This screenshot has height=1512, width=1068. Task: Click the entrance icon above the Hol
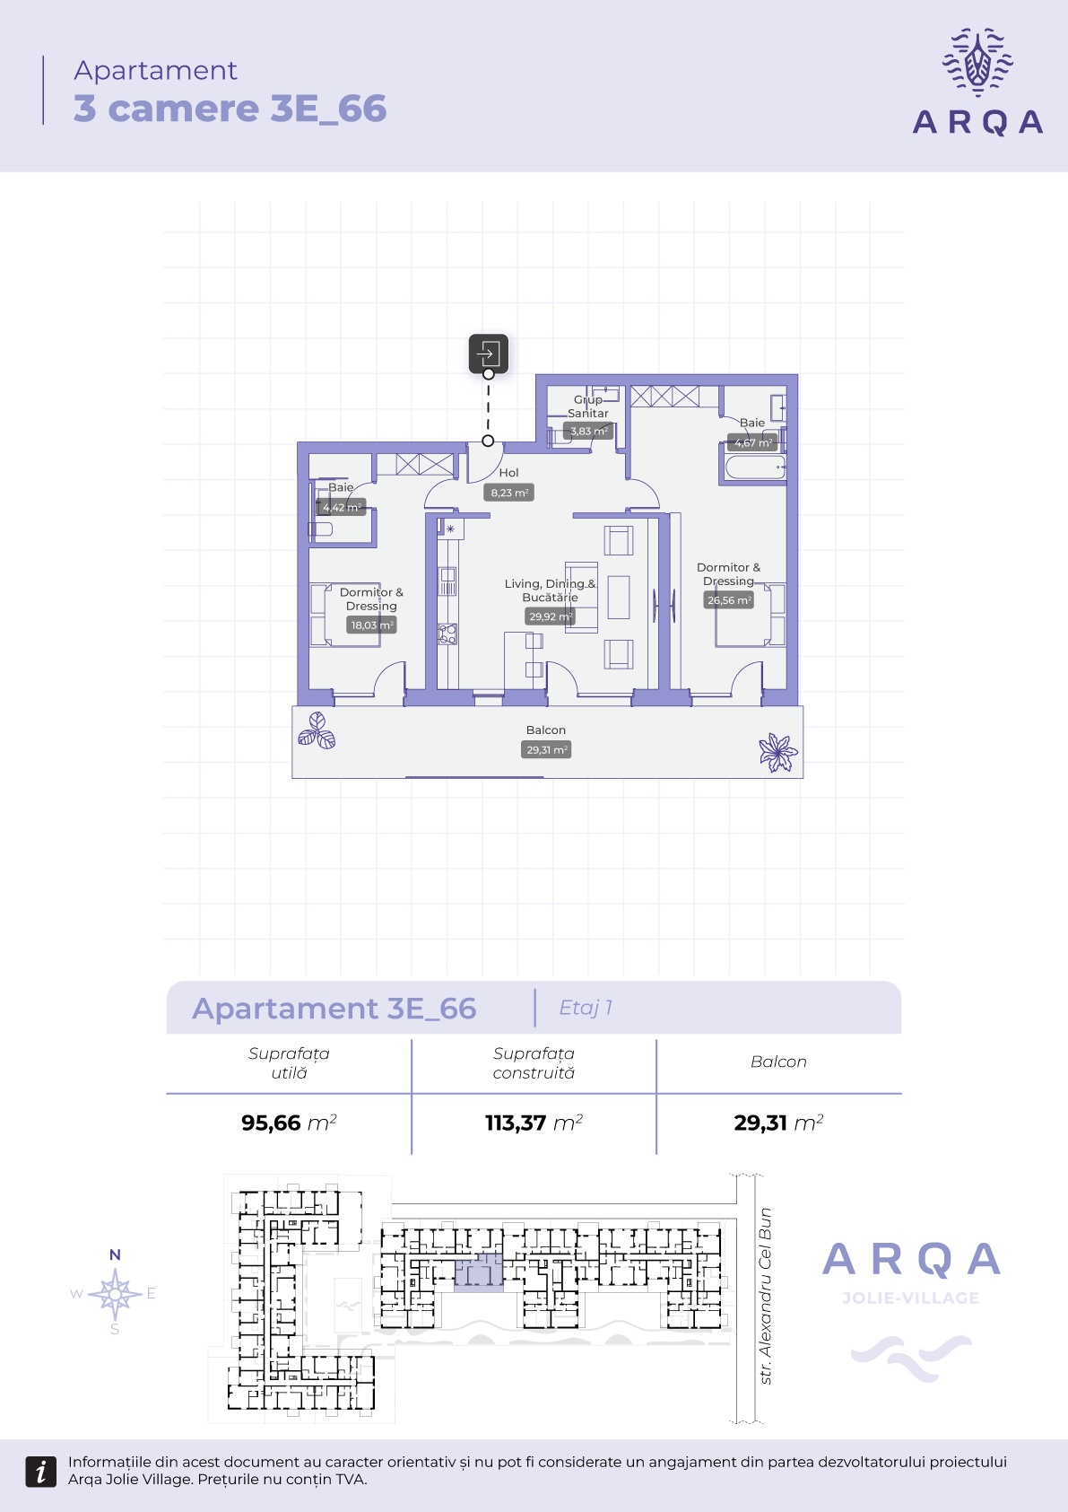tap(489, 353)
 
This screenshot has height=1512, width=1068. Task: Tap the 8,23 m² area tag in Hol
tap(508, 493)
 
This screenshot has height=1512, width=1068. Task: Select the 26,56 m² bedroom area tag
tap(729, 600)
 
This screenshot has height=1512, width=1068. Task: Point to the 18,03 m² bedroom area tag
tap(372, 625)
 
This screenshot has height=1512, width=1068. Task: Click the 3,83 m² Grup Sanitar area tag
tap(588, 431)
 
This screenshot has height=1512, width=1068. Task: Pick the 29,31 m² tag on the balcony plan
tap(546, 750)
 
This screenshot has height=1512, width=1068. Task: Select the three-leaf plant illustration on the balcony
tap(317, 730)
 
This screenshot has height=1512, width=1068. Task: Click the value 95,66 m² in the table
tap(289, 1123)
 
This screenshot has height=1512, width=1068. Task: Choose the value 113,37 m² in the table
tap(534, 1123)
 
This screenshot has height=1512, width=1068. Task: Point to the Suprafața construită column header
tap(534, 1063)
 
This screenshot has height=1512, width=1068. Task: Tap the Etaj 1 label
tap(586, 1008)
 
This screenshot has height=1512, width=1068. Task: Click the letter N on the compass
tap(115, 1254)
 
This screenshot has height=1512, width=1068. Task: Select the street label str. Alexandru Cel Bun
tap(765, 1296)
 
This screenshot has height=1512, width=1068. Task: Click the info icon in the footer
tap(40, 1472)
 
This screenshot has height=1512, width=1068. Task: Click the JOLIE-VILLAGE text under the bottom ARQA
tap(911, 1298)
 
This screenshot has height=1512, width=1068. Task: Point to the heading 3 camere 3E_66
tap(230, 108)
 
